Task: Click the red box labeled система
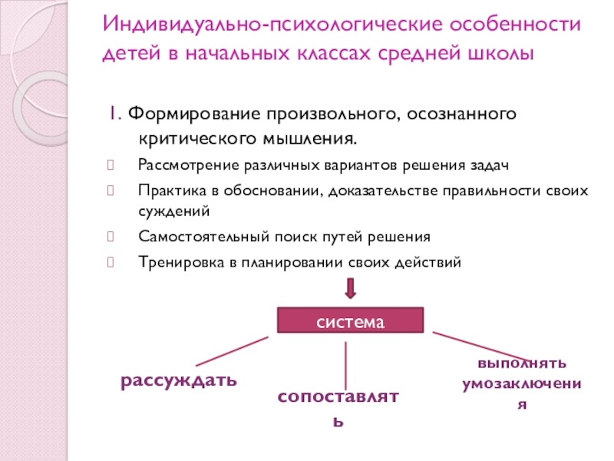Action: pyautogui.click(x=350, y=320)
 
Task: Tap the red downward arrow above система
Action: pyautogui.click(x=350, y=288)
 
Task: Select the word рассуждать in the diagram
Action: pyautogui.click(x=178, y=381)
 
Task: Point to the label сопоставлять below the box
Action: pyautogui.click(x=338, y=397)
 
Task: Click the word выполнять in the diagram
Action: pyautogui.click(x=522, y=362)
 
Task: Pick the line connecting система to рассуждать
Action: pyautogui.click(x=232, y=350)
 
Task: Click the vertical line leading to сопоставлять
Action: pyautogui.click(x=346, y=364)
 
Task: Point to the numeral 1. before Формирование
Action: pyautogui.click(x=114, y=114)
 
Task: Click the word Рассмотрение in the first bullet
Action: pyautogui.click(x=181, y=165)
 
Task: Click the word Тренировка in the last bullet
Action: pyautogui.click(x=177, y=261)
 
